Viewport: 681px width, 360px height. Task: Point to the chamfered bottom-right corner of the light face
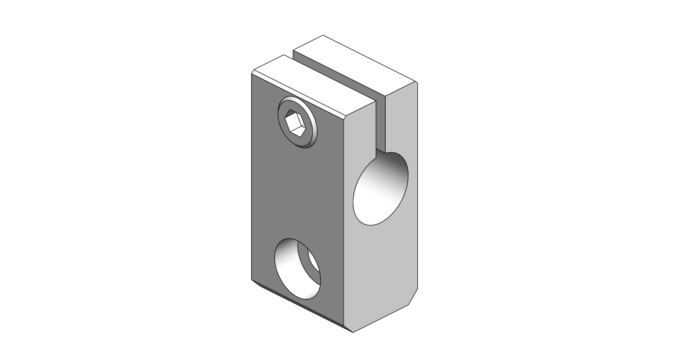[x=413, y=298]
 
